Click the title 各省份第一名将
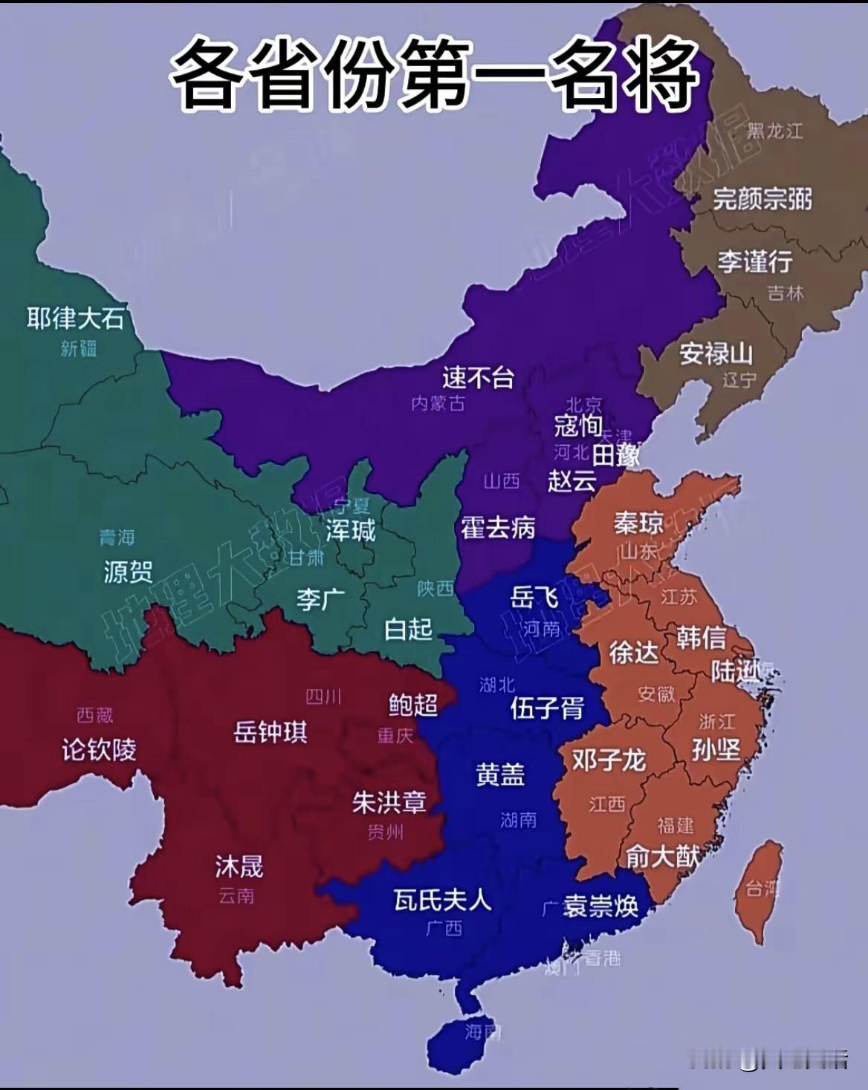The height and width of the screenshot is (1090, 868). pos(434,74)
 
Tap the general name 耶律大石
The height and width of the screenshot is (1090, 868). pos(75,319)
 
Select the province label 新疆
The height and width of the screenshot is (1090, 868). pos(79,348)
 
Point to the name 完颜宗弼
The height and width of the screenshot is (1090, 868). pos(762,199)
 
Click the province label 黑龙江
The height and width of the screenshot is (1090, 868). pos(775,131)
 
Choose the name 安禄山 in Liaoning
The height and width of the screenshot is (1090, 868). pos(716,353)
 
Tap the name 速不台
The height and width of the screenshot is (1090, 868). pos(478,377)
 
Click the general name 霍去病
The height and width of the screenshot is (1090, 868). pos(498,528)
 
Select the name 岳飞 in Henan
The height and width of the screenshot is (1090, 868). pos(534,596)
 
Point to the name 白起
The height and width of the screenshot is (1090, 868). pos(408,629)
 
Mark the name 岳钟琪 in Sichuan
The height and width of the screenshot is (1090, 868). pos(271,732)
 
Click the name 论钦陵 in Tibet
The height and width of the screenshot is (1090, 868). pos(99,749)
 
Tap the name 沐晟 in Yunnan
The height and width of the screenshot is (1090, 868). pos(239,866)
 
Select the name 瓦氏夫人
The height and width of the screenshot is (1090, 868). pos(442,900)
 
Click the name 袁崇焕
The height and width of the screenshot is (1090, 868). pos(600,906)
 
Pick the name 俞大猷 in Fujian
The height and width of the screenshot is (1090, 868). pos(662,857)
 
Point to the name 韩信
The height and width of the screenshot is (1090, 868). pos(701,637)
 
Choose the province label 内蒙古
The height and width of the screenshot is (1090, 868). pos(438,403)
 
